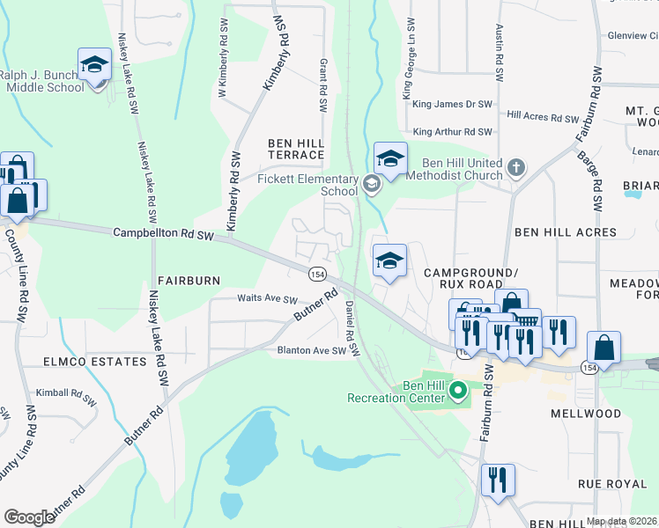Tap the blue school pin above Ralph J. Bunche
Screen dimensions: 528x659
(94, 65)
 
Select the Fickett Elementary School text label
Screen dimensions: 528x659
(300, 185)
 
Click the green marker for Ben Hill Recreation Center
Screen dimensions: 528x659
(457, 390)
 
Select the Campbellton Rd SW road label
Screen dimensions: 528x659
(164, 234)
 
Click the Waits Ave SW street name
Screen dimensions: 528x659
(267, 299)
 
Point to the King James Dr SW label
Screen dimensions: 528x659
(452, 104)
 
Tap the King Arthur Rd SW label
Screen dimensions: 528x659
(451, 132)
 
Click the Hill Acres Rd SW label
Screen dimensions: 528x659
(543, 117)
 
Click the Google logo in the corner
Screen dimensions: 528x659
(30, 517)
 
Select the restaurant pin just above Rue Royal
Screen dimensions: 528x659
(498, 481)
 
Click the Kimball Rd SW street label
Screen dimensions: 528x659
(64, 392)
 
